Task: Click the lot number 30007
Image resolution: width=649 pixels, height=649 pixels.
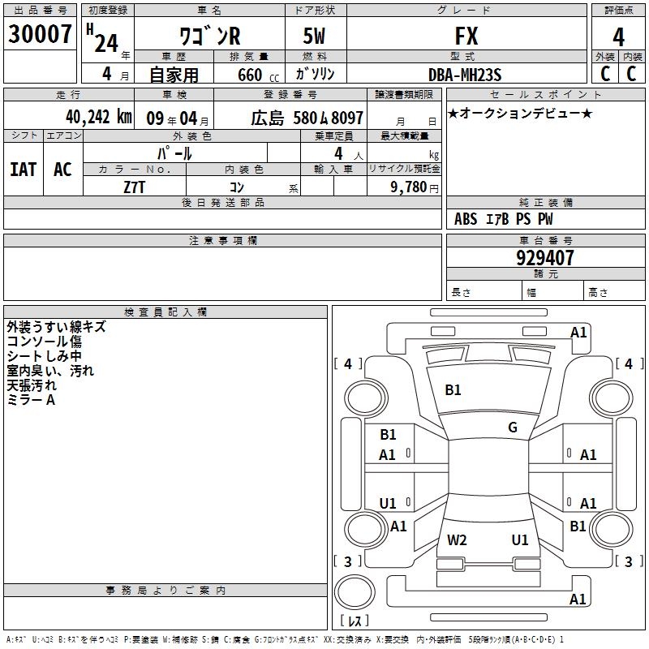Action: coord(40,35)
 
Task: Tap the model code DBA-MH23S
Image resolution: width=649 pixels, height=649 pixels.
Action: coord(465,75)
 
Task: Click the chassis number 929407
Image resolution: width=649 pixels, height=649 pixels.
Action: coord(545,258)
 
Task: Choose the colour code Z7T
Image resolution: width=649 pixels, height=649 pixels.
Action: coord(134,186)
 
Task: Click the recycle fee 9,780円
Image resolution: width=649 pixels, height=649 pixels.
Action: coord(414,187)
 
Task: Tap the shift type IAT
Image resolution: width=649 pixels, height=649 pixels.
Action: coord(24,170)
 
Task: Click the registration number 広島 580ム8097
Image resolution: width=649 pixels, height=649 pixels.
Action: coord(307,117)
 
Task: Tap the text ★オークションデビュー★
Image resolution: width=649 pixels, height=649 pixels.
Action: coord(520,114)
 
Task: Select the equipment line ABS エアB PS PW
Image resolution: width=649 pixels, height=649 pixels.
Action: coord(504,219)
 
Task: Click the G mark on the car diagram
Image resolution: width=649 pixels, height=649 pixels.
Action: coord(513,428)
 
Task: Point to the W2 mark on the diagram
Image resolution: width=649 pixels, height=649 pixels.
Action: coord(458,539)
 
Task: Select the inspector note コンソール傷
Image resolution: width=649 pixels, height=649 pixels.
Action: coord(44,342)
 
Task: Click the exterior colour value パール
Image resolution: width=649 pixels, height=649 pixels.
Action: coord(174,153)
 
